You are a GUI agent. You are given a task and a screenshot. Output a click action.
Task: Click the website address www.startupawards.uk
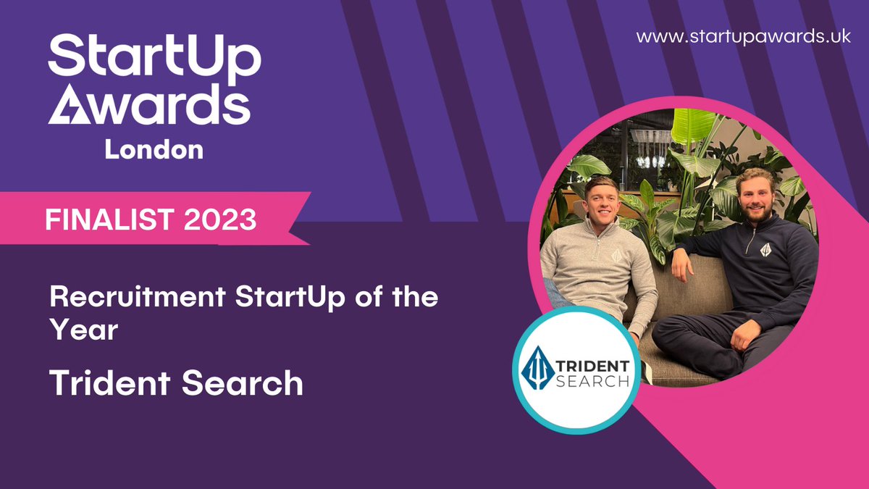(x=744, y=37)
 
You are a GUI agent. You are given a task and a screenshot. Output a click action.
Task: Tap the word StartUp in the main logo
(x=154, y=56)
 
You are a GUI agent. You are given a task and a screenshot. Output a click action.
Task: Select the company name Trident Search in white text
(x=176, y=382)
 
